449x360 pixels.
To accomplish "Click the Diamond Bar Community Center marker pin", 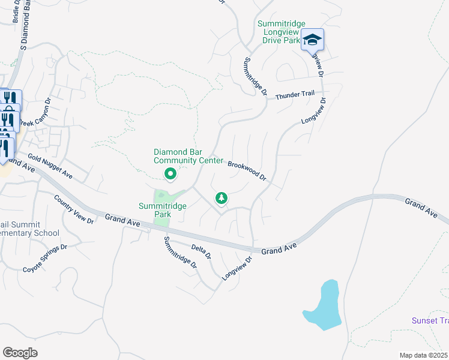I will click(170, 175).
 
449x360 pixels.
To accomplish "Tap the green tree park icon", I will click(221, 197).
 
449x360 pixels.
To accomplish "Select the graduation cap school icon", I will click(312, 40).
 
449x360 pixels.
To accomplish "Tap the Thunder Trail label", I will click(295, 95).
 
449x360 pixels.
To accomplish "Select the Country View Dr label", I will click(74, 209).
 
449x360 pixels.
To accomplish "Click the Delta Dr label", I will click(201, 251).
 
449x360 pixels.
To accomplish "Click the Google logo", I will click(20, 353).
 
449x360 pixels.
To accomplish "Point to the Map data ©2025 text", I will click(424, 355).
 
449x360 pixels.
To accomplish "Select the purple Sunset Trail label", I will click(430, 320).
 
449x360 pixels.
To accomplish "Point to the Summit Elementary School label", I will click(29, 229).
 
